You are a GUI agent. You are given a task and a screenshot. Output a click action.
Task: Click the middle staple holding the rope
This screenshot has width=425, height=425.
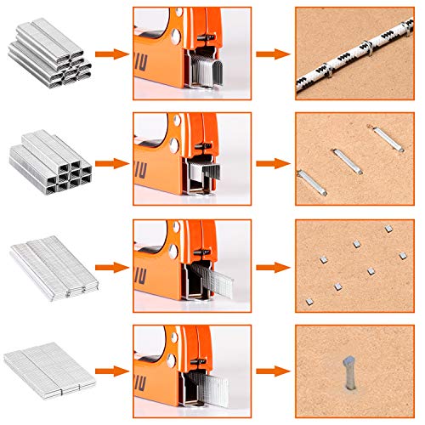point(349,60)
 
